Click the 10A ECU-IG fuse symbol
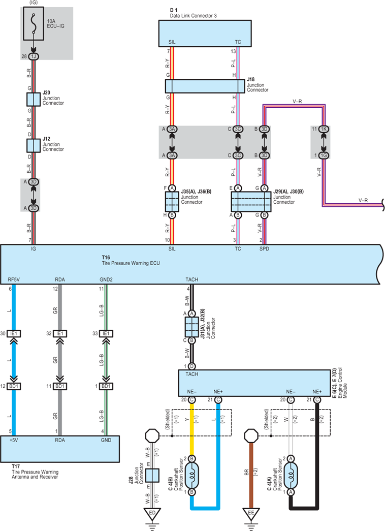point(34,23)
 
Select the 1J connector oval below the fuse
point(34,56)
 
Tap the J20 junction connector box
point(34,100)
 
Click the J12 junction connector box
point(34,146)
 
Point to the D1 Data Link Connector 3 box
point(205,33)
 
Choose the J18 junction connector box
point(205,86)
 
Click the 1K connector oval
point(324,129)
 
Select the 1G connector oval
point(324,155)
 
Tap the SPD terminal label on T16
point(264,249)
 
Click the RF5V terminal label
point(14,279)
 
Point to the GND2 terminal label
point(106,279)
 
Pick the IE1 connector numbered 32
point(60,333)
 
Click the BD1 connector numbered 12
point(14,386)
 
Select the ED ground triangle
point(152,514)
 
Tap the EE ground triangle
point(251,514)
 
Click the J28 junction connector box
point(152,476)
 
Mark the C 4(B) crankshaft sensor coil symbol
point(191,475)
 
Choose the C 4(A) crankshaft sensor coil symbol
point(291,475)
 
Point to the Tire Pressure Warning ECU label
point(131,263)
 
